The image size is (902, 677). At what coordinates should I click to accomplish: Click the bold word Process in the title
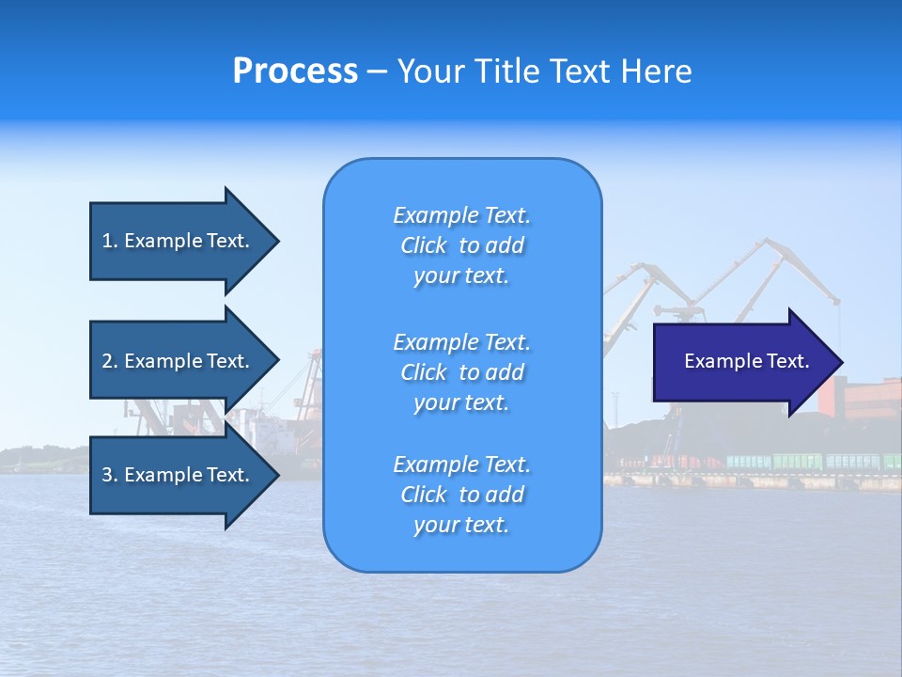tap(295, 71)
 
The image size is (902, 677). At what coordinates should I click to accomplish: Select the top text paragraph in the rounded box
tap(461, 245)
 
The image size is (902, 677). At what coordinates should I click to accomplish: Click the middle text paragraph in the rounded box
tap(461, 372)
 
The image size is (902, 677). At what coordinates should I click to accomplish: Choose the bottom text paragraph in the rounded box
tap(461, 495)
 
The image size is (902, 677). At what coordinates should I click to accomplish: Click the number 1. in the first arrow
tap(110, 241)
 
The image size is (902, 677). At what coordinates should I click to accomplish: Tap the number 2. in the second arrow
tap(110, 361)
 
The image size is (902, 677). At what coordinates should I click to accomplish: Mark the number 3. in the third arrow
tap(110, 475)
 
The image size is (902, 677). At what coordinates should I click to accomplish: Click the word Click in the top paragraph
tap(424, 245)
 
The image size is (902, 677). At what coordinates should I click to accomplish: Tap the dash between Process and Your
tap(377, 71)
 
